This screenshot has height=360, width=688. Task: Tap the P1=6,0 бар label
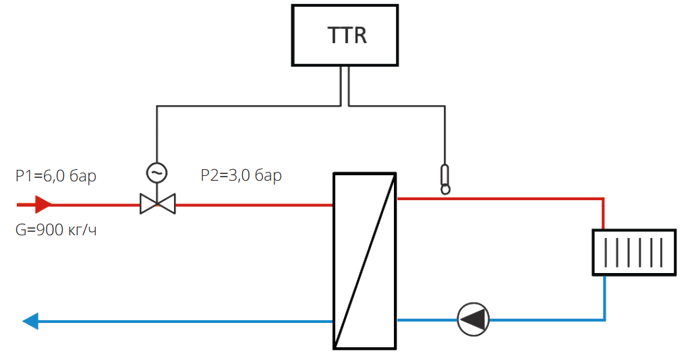click(56, 177)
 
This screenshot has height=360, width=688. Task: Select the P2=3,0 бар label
click(241, 176)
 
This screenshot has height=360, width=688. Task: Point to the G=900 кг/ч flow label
click(57, 231)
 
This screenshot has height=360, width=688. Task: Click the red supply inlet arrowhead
click(43, 204)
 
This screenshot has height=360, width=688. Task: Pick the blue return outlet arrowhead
click(30, 321)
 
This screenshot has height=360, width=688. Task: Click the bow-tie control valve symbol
click(157, 204)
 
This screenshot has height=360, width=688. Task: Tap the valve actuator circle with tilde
click(157, 173)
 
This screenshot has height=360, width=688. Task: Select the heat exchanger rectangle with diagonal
click(365, 260)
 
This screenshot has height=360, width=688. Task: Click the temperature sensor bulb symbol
click(445, 179)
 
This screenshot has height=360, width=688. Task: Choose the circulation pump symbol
click(473, 319)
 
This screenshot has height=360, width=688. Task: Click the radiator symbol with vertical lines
click(633, 252)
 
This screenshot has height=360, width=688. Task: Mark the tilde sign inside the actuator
click(157, 173)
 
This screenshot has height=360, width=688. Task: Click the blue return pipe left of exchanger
click(182, 321)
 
